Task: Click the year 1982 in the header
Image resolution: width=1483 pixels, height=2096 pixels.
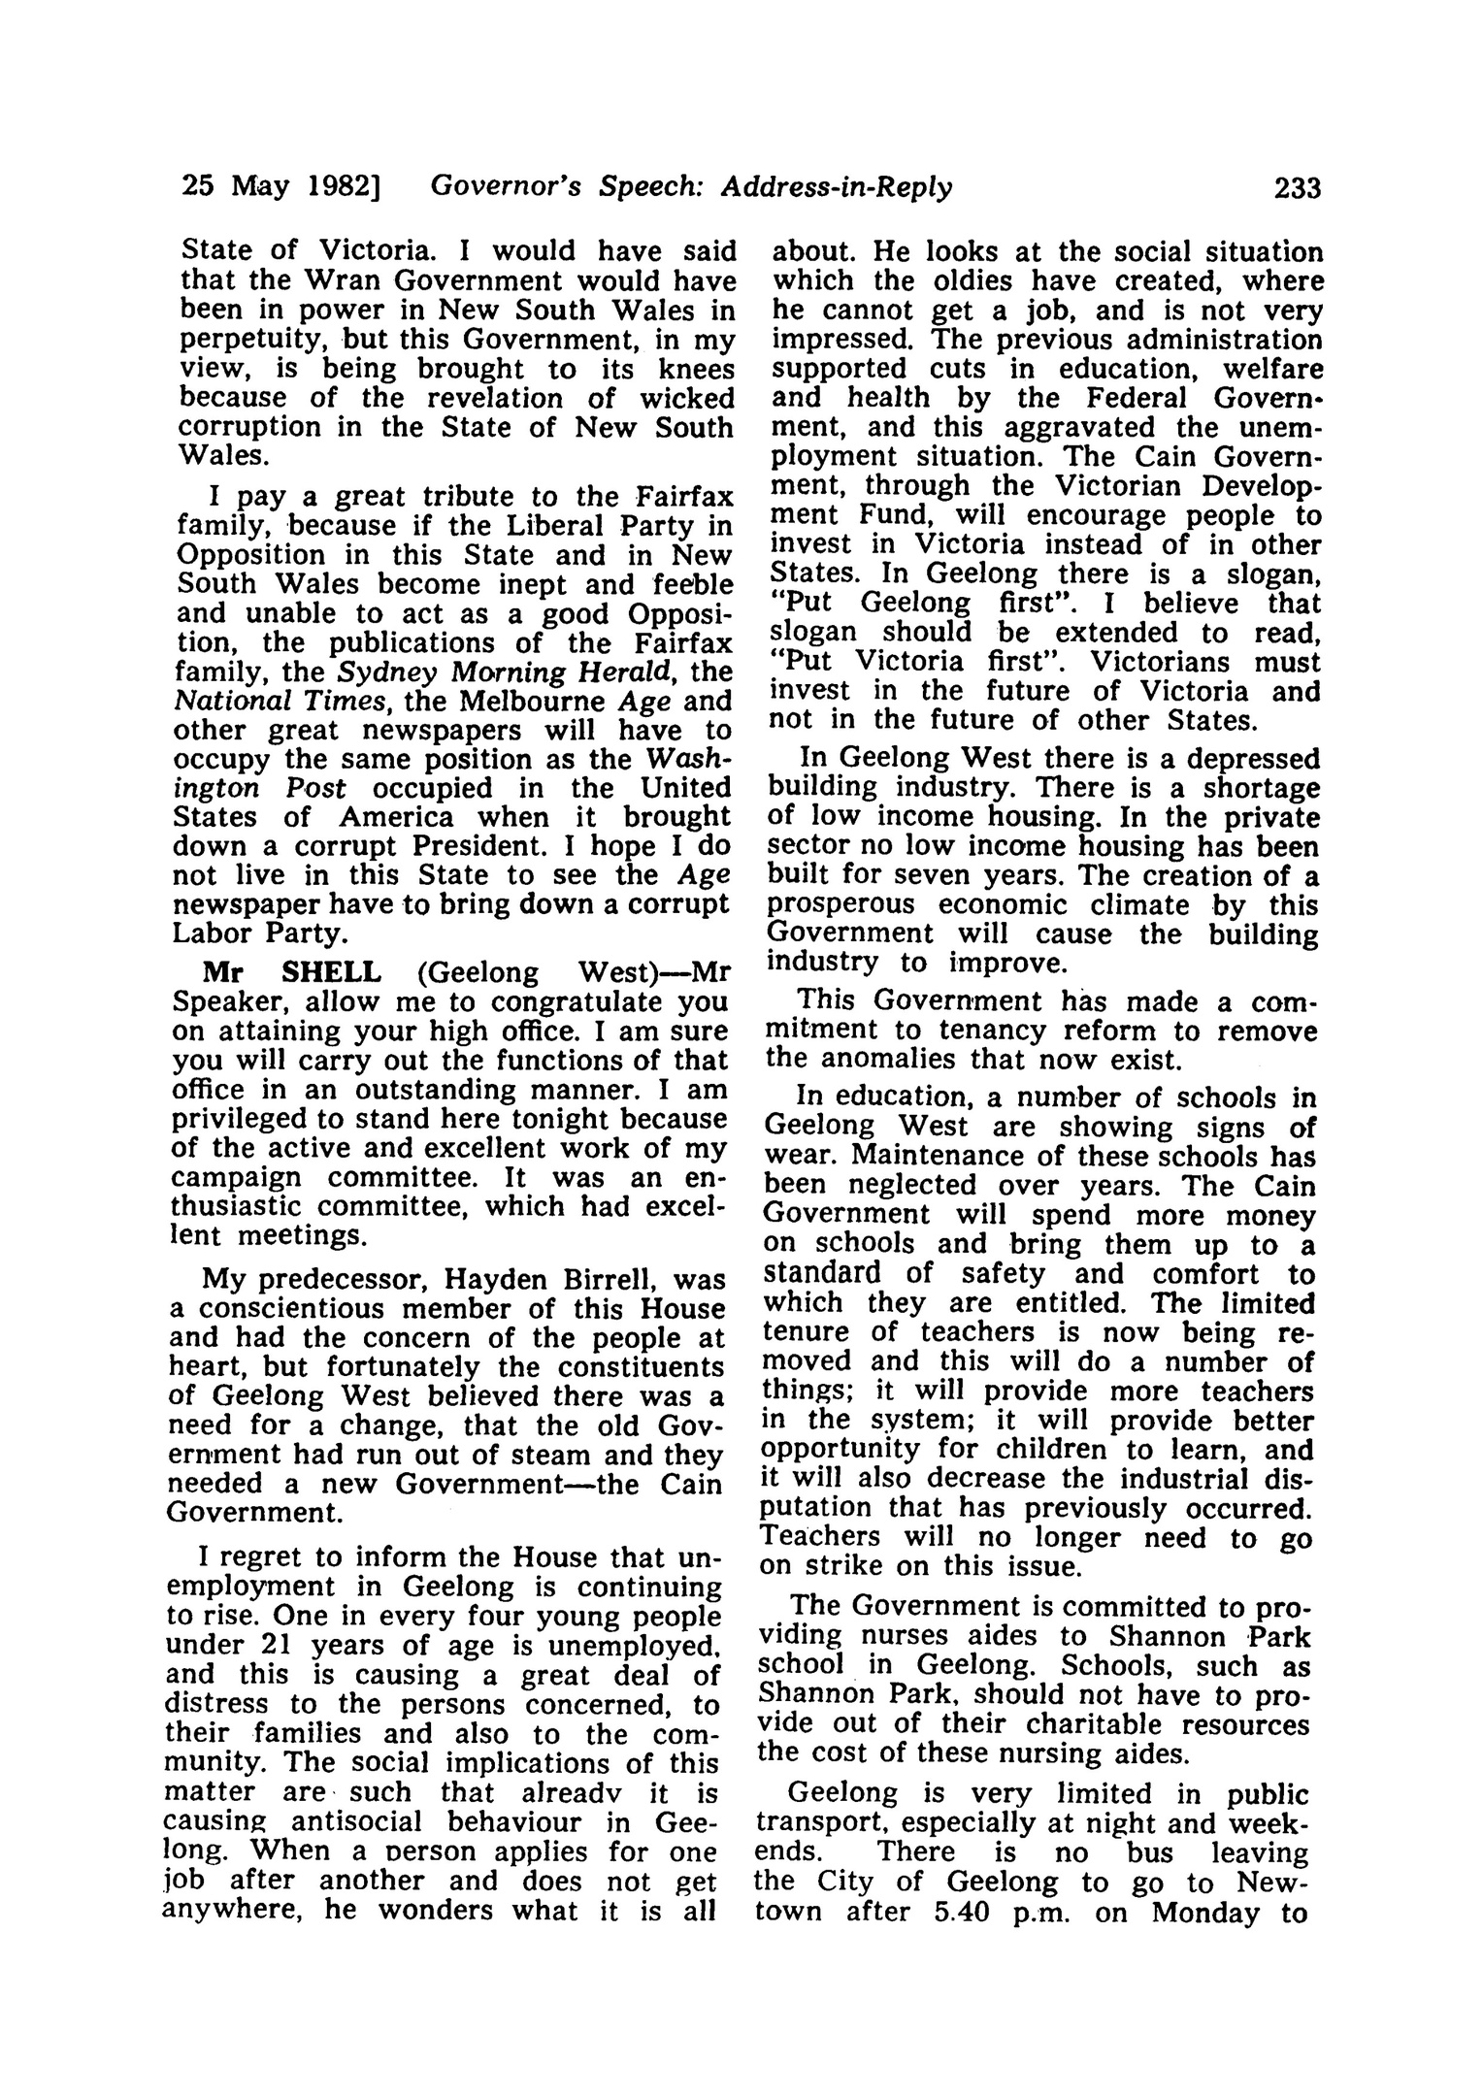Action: pyautogui.click(x=343, y=187)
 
